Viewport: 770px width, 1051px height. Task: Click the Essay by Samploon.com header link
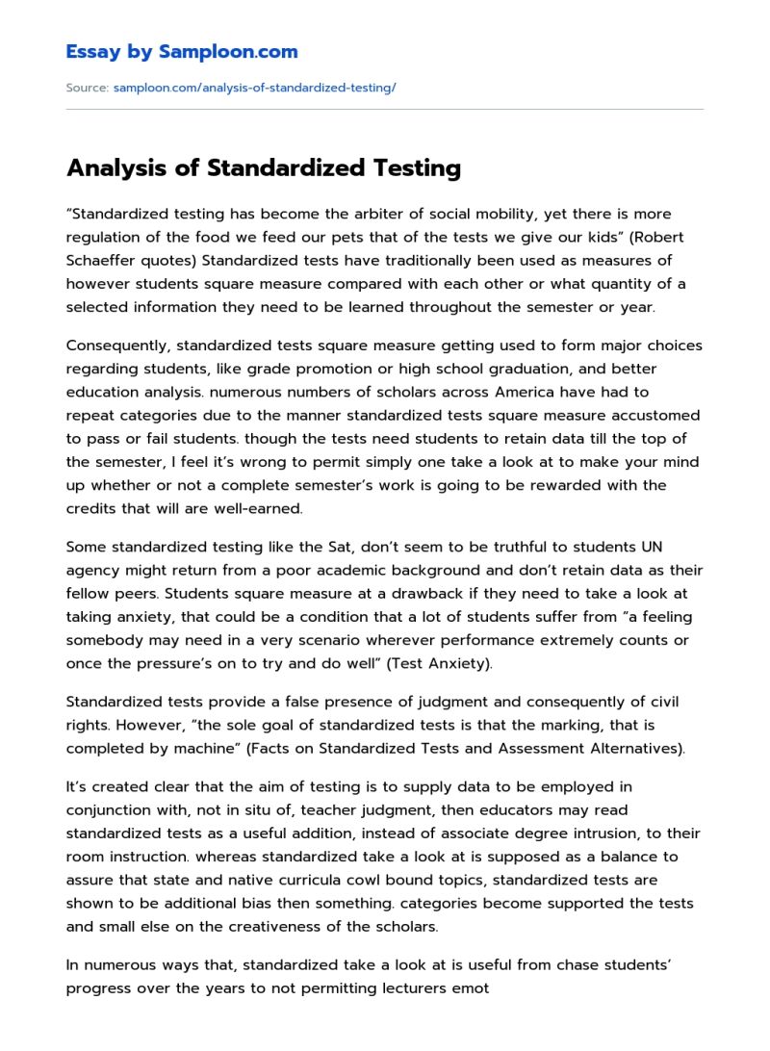click(182, 52)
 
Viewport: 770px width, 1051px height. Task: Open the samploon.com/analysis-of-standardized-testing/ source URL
click(254, 88)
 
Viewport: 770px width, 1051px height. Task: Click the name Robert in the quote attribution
click(645, 237)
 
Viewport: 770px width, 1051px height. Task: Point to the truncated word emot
click(472, 988)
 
